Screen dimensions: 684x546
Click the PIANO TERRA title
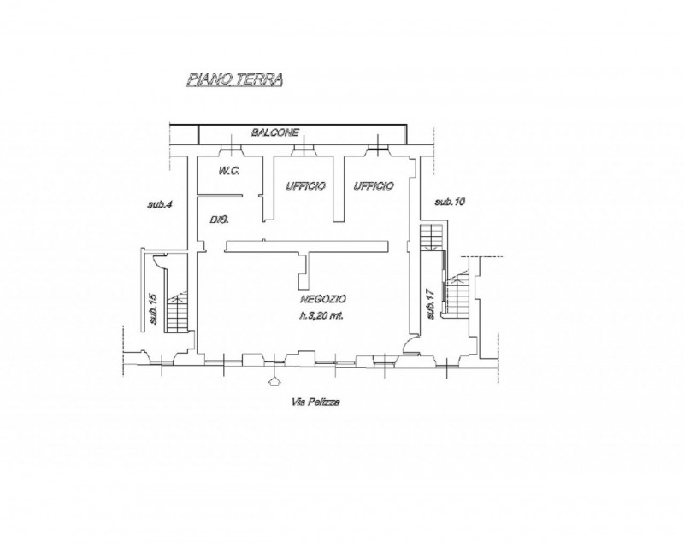coord(234,79)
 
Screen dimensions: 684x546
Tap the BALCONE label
coord(275,132)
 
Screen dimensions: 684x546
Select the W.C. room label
coord(229,171)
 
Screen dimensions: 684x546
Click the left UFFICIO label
coord(305,186)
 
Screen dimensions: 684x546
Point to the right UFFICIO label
coord(374,186)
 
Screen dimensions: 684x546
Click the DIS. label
coord(220,220)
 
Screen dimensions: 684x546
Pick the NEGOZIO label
coord(323,299)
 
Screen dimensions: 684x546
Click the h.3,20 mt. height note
coord(321,316)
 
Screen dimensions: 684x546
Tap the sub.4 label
coord(159,203)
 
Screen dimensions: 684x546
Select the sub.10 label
coord(451,202)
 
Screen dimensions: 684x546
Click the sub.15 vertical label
coord(154,309)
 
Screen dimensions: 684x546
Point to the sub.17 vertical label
coord(431,304)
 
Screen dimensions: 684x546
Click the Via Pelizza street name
coord(315,402)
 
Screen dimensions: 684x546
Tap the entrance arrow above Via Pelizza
coord(274,381)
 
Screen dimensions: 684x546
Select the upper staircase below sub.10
coord(432,238)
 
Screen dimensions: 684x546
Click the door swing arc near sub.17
coord(407,343)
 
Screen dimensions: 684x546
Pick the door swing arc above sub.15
coord(158,261)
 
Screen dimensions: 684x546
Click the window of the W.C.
coord(231,150)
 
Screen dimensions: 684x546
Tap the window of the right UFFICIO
coord(377,150)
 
